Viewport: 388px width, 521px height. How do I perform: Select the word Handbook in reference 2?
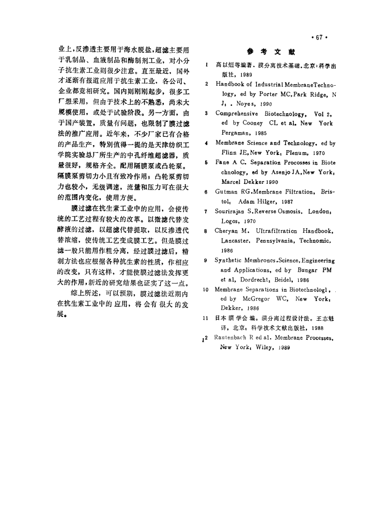231,84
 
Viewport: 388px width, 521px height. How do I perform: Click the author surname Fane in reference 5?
223,162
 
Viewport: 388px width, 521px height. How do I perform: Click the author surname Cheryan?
229,230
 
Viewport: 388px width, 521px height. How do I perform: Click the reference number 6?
207,192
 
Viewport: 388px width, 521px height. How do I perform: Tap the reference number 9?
207,261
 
